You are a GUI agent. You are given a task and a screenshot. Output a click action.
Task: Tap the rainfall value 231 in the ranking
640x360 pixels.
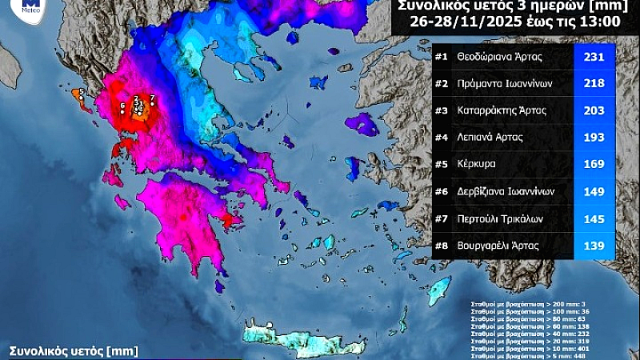click(x=594, y=58)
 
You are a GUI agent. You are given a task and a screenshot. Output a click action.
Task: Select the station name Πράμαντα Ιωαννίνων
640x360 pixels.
click(x=505, y=84)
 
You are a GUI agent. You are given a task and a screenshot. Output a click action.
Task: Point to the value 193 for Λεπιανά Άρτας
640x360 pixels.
click(x=594, y=138)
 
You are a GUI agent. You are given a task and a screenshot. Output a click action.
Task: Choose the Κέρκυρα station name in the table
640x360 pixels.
click(x=478, y=165)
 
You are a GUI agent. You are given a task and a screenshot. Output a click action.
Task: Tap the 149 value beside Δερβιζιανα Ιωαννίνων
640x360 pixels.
click(x=594, y=191)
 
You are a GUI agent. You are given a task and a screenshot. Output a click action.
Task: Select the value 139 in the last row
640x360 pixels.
click(x=594, y=246)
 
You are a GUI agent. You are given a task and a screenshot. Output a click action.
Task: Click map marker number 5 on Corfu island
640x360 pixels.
click(x=81, y=93)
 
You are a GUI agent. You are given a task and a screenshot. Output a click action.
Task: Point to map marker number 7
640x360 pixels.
click(x=151, y=98)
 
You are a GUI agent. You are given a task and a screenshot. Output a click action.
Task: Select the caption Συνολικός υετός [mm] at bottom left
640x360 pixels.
click(x=74, y=350)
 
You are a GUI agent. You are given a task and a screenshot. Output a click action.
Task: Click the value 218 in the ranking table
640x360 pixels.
click(x=594, y=84)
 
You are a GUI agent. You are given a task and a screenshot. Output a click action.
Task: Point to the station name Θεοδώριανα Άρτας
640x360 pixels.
click(x=502, y=58)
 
